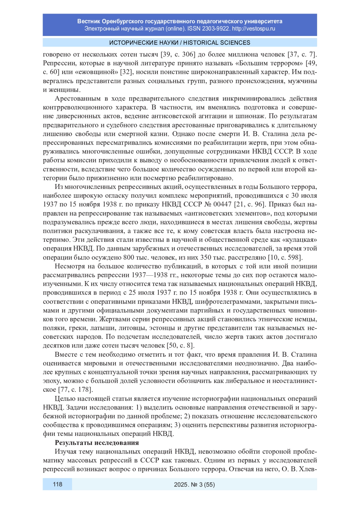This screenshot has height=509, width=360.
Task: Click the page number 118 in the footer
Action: tap(57, 484)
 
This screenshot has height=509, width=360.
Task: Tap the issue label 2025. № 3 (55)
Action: tap(194, 484)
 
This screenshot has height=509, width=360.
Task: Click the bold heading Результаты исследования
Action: tap(97, 443)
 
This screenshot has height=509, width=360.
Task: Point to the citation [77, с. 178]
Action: tap(76, 390)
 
